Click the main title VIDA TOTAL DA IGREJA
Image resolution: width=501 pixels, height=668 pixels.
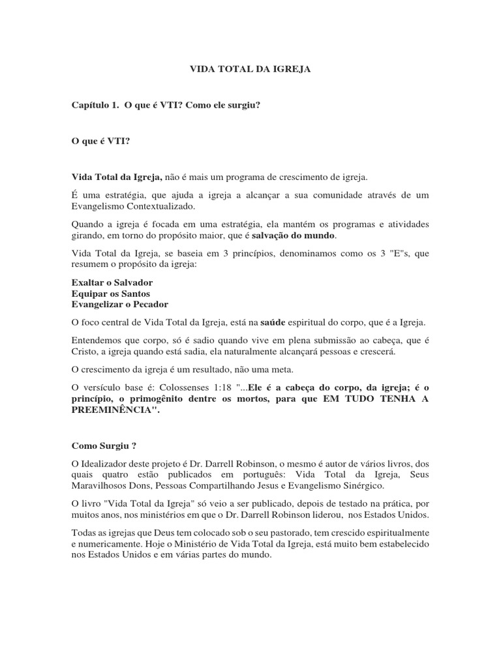(x=250, y=68)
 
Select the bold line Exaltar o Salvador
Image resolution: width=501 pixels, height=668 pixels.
(x=112, y=283)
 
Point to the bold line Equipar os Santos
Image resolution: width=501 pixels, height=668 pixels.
(x=110, y=294)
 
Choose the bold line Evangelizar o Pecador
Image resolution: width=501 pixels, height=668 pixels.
(x=119, y=304)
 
